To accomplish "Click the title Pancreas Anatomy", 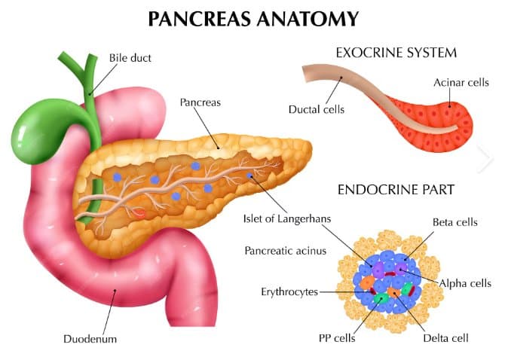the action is (x=253, y=19).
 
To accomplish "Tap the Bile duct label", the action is (x=130, y=58).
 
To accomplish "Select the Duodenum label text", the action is (x=90, y=339).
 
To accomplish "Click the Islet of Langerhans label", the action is (x=287, y=218).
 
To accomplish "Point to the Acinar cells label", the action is (x=461, y=83).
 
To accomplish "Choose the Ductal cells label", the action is (x=317, y=109).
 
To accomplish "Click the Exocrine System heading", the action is (x=396, y=53).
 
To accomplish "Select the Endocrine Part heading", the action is (x=396, y=190).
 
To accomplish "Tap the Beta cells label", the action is (x=455, y=222).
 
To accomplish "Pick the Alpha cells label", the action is (x=465, y=283).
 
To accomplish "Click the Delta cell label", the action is (x=445, y=338).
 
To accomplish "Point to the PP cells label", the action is (x=337, y=338).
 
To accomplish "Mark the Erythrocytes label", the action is (x=289, y=291).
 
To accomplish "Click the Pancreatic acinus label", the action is (x=285, y=251).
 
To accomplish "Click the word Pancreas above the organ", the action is (x=200, y=102).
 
